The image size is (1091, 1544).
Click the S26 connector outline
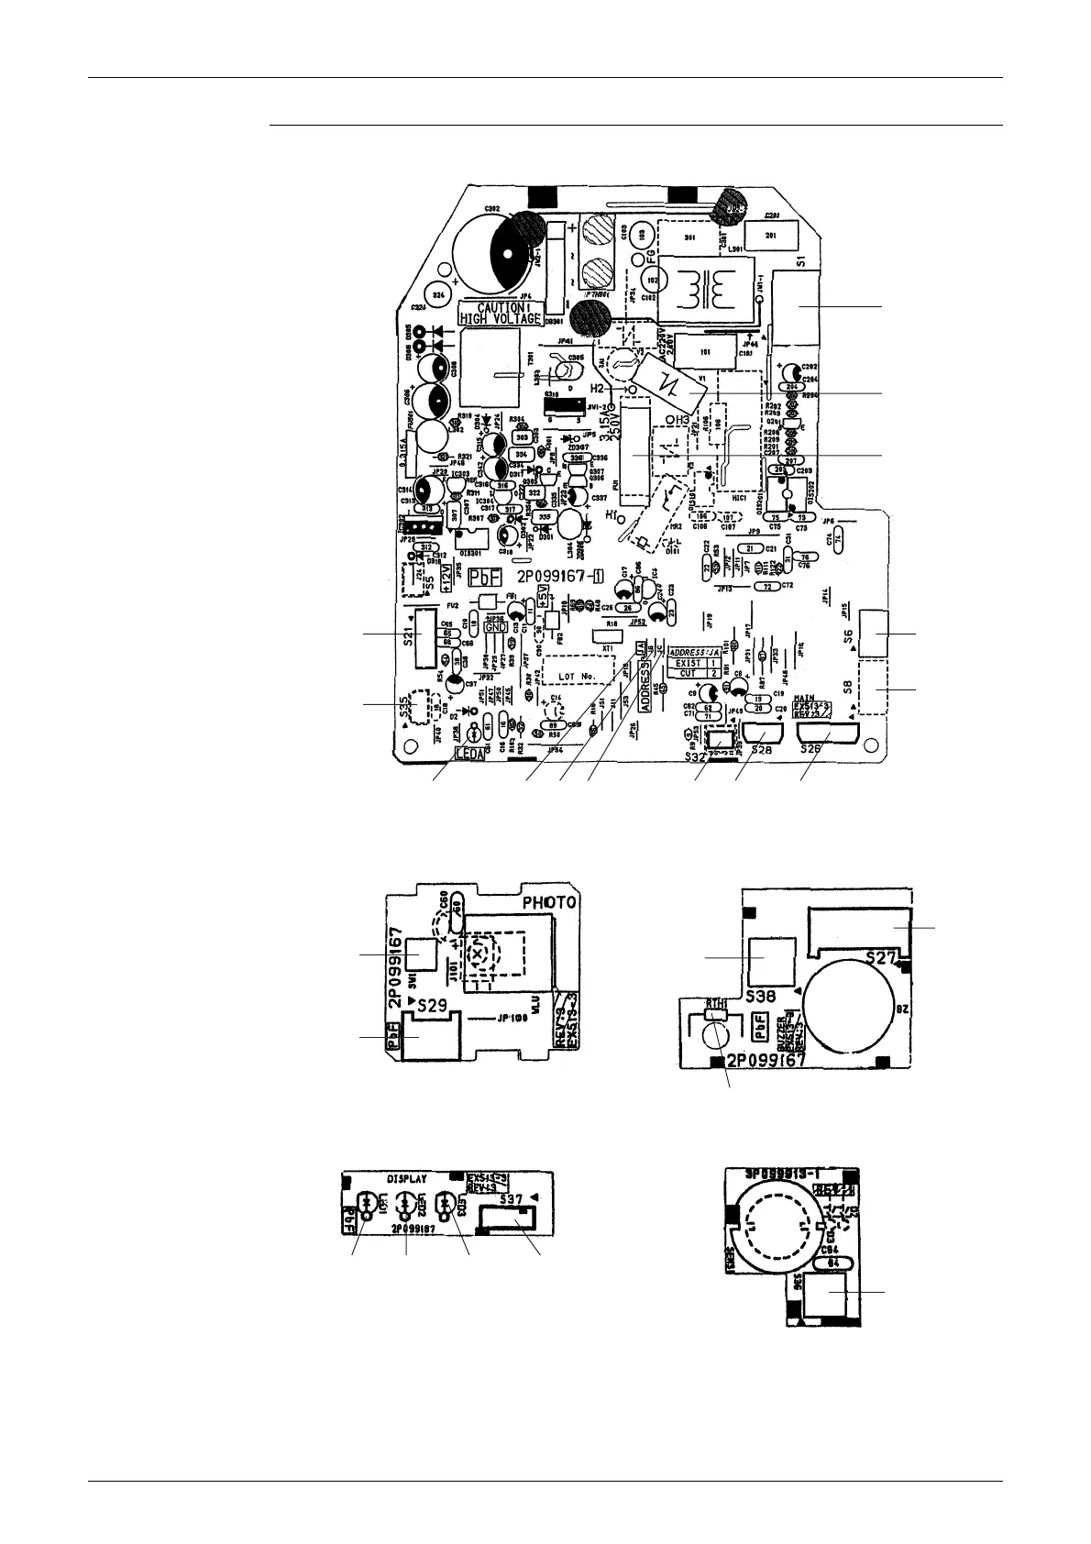point(827,734)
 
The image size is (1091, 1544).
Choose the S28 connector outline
point(763,734)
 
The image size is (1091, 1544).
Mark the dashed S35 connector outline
point(421,705)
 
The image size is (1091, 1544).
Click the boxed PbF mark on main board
point(486,578)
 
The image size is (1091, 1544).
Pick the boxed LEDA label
point(476,755)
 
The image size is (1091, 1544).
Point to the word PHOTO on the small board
point(547,901)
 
